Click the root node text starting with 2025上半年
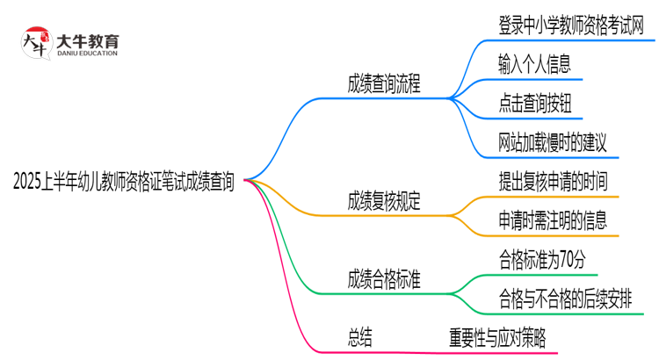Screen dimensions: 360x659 click(124, 182)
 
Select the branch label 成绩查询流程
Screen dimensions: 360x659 click(384, 84)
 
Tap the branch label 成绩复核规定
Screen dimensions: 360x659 click(384, 200)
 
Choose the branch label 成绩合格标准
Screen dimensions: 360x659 click(384, 280)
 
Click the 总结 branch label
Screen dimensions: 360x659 click(360, 338)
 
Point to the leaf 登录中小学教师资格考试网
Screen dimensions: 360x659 click(576, 25)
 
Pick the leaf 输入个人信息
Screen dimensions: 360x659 click(533, 63)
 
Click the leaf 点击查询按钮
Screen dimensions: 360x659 click(533, 102)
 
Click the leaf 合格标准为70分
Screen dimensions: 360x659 click(542, 259)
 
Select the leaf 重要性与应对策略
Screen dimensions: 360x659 click(496, 338)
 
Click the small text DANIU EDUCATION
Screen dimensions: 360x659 click(87, 54)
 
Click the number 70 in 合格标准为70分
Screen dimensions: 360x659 click(565, 259)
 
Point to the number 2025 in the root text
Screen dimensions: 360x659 click(29, 183)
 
